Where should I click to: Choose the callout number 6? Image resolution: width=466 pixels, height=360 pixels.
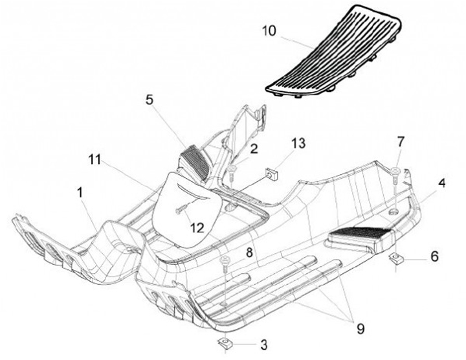[433, 256]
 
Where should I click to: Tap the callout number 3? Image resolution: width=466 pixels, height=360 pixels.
[264, 343]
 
